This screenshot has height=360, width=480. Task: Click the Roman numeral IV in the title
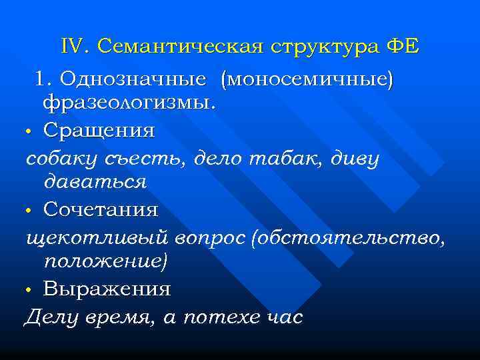tap(74, 47)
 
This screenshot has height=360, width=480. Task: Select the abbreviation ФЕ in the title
tap(403, 47)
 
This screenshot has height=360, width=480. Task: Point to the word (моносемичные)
tap(310, 79)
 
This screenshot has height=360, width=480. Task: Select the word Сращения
tap(99, 130)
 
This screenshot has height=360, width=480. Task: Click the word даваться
tap(95, 181)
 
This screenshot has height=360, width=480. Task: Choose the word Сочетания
tap(101, 210)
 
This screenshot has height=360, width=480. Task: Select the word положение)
tap(105, 261)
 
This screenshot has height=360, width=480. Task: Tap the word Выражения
tap(107, 290)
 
